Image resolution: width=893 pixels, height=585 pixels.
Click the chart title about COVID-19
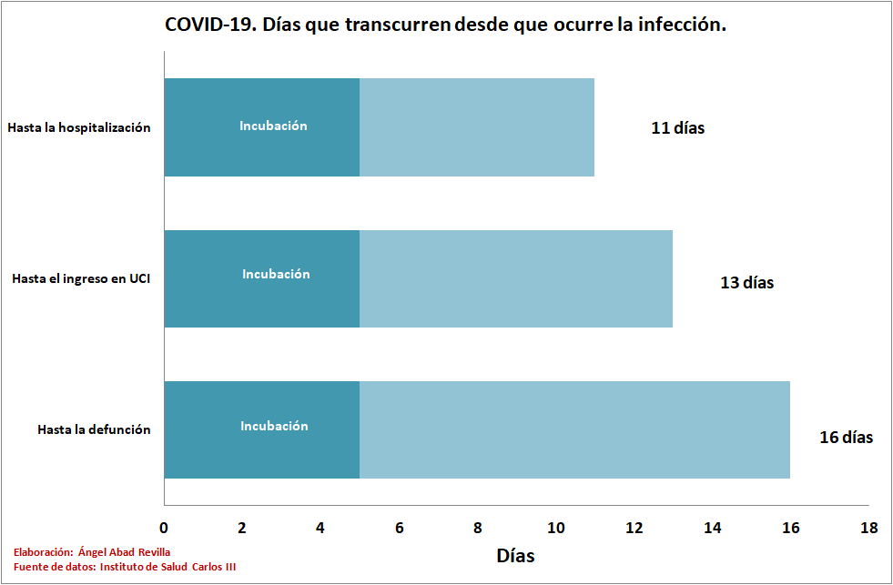(x=445, y=25)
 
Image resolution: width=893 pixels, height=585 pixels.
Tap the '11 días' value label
(x=677, y=127)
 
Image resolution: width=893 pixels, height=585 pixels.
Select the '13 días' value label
(x=746, y=282)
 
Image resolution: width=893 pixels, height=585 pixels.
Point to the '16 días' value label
(x=846, y=437)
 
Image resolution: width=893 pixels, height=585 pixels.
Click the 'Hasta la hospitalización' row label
(x=79, y=127)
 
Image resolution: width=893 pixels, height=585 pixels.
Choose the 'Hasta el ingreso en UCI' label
(x=81, y=278)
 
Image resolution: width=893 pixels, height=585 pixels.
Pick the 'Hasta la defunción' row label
(x=94, y=429)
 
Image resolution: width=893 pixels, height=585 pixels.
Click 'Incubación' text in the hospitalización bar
(x=273, y=126)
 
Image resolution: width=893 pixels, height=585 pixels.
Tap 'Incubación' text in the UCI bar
(x=276, y=274)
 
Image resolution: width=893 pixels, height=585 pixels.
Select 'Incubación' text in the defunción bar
(x=274, y=426)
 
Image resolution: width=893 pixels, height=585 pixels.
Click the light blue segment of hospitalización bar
(x=477, y=127)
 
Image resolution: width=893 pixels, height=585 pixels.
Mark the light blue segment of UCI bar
(x=516, y=278)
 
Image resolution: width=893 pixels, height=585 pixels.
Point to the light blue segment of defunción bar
(x=574, y=429)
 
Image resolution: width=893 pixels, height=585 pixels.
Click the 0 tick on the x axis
(x=164, y=528)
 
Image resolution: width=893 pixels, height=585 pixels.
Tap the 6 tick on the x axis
(x=399, y=528)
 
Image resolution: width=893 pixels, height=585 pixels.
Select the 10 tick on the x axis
(x=555, y=528)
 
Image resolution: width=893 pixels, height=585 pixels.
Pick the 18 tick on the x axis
(x=869, y=528)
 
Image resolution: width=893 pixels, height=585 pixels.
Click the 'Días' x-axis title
(x=515, y=554)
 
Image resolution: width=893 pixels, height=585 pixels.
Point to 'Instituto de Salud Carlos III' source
(x=167, y=567)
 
